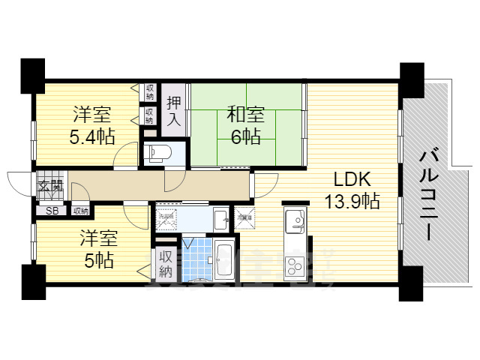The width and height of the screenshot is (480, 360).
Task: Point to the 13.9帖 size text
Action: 351,201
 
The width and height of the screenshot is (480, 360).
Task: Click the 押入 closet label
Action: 174,110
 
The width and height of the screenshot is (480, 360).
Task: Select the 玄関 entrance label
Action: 52,185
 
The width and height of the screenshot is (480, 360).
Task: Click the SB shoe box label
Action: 52,211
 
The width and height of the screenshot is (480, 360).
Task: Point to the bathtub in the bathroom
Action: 223,259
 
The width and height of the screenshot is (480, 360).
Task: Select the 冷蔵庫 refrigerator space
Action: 244,218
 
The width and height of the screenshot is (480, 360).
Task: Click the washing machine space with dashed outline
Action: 166,220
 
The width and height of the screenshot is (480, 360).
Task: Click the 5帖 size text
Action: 98,261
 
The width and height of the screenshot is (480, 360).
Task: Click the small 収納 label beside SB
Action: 80,211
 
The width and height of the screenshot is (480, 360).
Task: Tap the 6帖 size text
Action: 245,138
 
